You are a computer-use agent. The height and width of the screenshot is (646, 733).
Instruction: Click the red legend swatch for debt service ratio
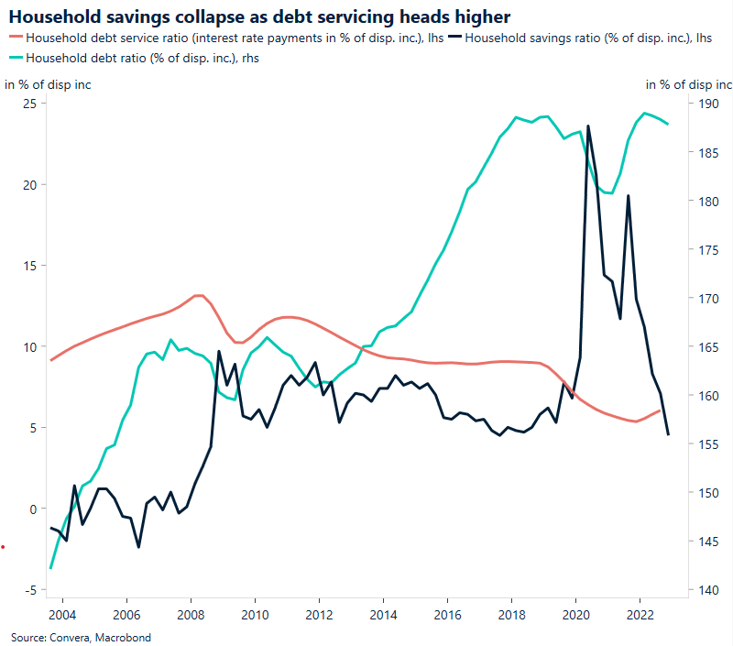(15, 38)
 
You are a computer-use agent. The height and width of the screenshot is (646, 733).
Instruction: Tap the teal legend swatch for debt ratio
(15, 58)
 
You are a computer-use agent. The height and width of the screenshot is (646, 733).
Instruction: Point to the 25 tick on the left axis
(29, 104)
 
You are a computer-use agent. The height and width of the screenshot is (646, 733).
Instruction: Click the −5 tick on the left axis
(29, 590)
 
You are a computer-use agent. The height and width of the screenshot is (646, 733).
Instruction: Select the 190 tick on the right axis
(709, 104)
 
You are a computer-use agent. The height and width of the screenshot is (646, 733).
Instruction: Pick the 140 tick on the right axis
(709, 590)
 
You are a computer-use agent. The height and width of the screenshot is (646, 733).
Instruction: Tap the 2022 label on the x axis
(640, 614)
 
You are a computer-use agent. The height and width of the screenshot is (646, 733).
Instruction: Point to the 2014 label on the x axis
(382, 614)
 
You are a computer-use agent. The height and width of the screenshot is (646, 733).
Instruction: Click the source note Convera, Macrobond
(81, 637)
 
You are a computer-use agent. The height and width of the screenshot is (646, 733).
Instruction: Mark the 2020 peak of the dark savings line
(587, 126)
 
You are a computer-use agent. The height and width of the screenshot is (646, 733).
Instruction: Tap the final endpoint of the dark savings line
(668, 434)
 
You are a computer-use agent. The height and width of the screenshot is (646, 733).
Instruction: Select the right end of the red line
(661, 411)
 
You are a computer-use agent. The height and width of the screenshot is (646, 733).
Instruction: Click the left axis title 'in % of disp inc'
(48, 85)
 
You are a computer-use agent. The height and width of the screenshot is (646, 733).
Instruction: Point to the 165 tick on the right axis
(709, 347)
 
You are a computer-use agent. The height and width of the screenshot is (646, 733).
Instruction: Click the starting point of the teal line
(50, 568)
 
